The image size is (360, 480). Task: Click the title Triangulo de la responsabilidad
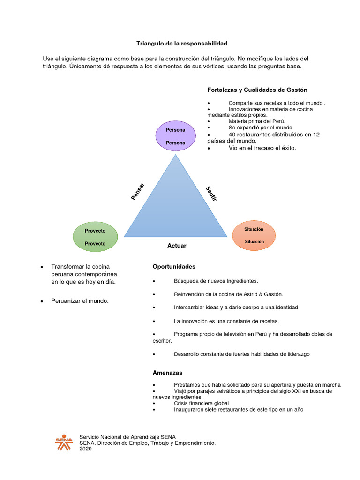181,43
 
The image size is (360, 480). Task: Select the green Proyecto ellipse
95,237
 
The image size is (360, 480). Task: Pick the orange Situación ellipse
254,235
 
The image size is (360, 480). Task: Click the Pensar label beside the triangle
138,192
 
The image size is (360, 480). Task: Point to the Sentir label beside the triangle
211,194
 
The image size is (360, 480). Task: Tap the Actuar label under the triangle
177,246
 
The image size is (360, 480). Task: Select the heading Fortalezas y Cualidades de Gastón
257,90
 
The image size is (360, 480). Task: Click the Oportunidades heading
174,266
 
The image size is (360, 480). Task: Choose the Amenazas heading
167,373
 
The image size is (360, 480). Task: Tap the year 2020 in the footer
86,449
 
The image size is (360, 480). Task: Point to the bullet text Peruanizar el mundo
80,300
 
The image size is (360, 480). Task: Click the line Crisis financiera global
201,403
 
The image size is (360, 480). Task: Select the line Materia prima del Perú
256,121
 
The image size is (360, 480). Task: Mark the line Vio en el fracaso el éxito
262,148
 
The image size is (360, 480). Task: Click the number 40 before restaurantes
232,134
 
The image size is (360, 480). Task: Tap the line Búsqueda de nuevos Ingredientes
216,281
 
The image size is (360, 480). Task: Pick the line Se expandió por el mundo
260,127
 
